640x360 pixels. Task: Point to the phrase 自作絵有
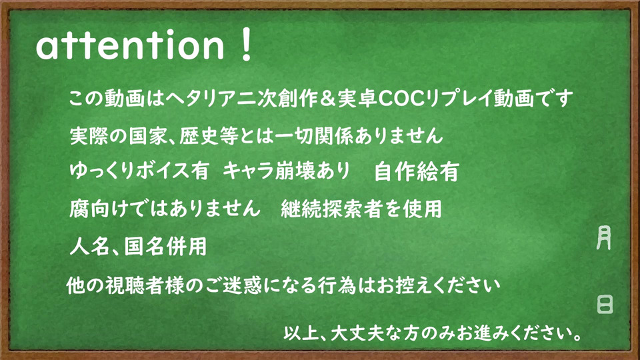click(416, 172)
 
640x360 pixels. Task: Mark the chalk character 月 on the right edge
click(604, 237)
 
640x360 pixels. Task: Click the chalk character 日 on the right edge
click(605, 305)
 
